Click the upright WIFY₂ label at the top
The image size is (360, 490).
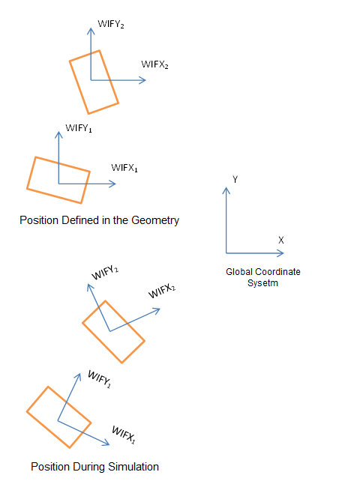(111, 24)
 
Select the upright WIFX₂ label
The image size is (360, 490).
(154, 64)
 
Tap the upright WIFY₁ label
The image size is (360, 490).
(79, 128)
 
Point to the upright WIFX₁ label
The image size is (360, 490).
(124, 168)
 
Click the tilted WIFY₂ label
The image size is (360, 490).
(105, 273)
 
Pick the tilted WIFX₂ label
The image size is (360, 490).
(162, 291)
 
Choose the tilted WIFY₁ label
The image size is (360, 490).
(99, 379)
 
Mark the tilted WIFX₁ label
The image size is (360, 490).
(124, 435)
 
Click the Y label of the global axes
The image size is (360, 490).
(235, 179)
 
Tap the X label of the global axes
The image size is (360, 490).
(280, 240)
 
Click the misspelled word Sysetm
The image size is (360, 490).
(262, 283)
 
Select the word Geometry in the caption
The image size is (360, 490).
(155, 220)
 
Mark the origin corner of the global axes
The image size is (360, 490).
(226, 253)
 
